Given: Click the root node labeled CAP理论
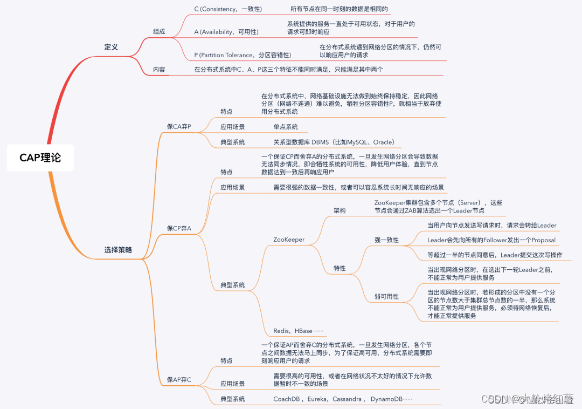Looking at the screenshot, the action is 40,157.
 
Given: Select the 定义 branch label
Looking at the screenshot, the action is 111,47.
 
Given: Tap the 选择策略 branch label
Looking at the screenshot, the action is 118,250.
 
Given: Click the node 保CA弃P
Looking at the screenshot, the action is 179,126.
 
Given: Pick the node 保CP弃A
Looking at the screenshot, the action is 179,229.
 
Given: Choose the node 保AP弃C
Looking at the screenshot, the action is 179,380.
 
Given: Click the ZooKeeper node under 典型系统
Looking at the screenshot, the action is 289,240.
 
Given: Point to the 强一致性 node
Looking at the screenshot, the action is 386,240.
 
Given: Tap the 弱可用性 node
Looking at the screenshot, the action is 386,296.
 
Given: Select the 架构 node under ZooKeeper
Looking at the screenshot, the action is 339,210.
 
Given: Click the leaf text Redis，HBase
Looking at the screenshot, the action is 298,331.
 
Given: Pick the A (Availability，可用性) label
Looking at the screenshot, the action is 226,32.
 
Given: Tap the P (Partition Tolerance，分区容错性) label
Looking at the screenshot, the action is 242,55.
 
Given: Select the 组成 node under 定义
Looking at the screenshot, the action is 159,31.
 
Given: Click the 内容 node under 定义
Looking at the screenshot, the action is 159,70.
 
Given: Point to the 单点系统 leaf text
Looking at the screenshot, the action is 286,127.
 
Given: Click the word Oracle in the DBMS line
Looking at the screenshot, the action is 384,142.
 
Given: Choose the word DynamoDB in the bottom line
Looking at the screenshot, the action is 386,399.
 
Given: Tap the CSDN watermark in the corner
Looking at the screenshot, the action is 491,399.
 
